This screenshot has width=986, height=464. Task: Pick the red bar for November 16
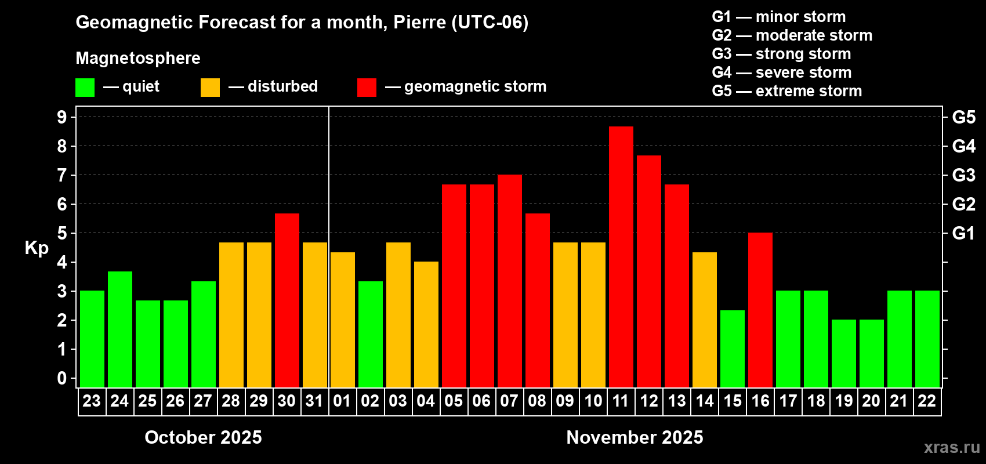point(760,310)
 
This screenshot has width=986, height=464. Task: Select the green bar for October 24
point(119,329)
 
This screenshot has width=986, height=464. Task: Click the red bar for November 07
point(509,281)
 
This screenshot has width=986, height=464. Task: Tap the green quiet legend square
point(85,88)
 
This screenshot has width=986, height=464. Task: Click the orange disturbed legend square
point(210,88)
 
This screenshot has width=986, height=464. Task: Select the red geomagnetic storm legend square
point(367,88)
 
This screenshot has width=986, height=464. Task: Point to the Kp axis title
point(37,248)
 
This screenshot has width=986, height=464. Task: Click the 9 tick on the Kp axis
point(62,117)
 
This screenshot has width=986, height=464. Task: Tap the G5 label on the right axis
point(963,117)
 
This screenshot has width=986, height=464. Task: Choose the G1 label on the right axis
point(963,233)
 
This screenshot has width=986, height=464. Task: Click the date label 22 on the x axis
point(927,401)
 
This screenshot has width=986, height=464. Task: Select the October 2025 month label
point(203,437)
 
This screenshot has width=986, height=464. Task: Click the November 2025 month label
point(635,437)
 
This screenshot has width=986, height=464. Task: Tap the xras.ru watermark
point(951,447)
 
